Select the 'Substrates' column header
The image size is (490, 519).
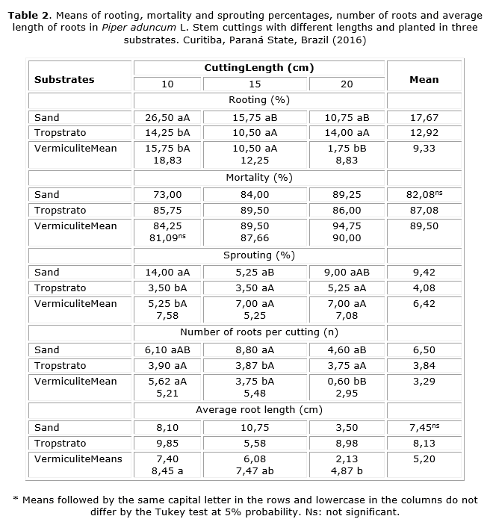click(x=64, y=79)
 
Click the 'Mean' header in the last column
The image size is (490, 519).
click(x=424, y=79)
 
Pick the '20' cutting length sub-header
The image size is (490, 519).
click(x=347, y=84)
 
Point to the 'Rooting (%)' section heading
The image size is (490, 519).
click(x=258, y=100)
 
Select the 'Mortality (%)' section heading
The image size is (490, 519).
click(x=258, y=178)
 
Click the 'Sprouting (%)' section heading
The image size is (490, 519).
click(x=258, y=255)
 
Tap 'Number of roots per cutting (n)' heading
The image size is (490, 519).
click(x=258, y=332)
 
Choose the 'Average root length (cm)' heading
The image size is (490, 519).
click(x=258, y=410)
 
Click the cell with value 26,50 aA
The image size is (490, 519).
click(x=167, y=117)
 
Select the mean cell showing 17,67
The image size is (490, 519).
click(x=424, y=117)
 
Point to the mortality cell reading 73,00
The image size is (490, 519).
click(x=167, y=195)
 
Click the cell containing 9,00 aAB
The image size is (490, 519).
click(x=347, y=273)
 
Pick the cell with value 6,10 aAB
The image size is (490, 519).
click(x=167, y=350)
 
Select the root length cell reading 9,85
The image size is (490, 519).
click(x=167, y=444)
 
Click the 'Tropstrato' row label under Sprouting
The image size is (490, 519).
click(x=60, y=288)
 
